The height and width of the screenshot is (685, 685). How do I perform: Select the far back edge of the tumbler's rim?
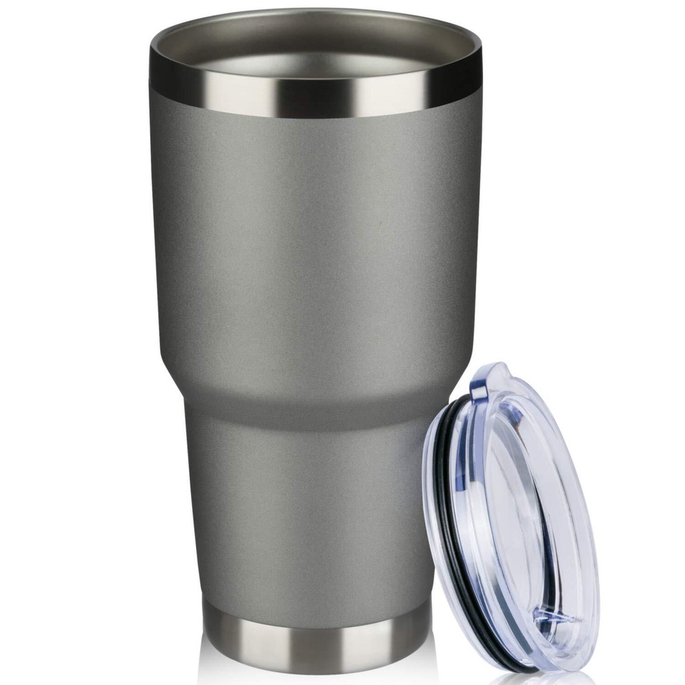315,15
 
